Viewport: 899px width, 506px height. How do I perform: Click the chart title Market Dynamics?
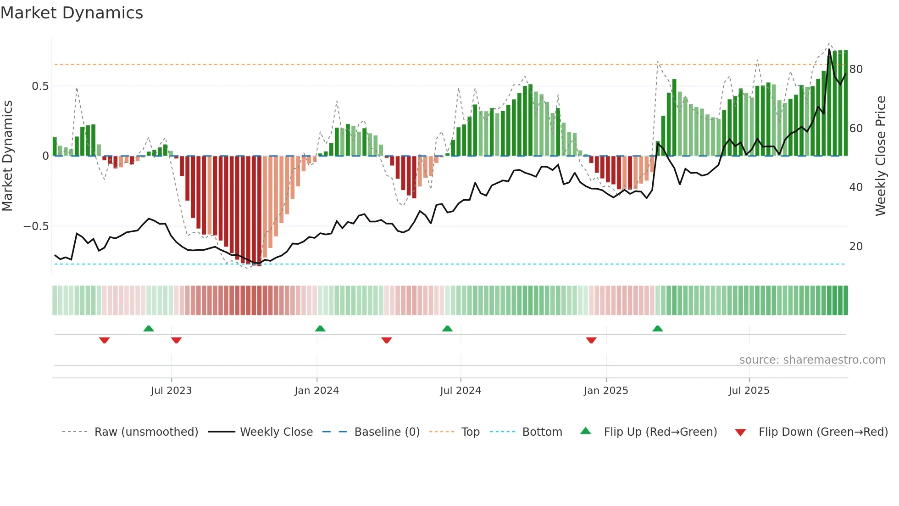point(72,13)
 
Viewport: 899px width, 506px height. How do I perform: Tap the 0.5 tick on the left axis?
point(40,86)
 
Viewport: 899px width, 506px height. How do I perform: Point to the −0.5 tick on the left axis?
point(36,226)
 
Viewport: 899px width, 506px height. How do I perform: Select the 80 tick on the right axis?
point(856,69)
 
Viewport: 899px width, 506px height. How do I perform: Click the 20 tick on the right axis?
point(856,247)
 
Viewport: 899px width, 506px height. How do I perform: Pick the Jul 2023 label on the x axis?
point(171,391)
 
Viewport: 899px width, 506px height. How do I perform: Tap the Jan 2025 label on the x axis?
point(605,391)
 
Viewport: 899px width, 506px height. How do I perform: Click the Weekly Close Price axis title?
point(880,156)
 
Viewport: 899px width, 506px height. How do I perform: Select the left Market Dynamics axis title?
point(7,156)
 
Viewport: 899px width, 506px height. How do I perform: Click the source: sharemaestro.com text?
point(812,360)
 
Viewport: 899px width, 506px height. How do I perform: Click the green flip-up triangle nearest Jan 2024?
point(320,329)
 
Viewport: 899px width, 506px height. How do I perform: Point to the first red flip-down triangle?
point(105,340)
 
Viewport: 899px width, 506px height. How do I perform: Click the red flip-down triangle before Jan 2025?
point(591,340)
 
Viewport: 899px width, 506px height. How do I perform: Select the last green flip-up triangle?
point(657,329)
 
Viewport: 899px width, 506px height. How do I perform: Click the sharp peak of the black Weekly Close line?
point(829,50)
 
